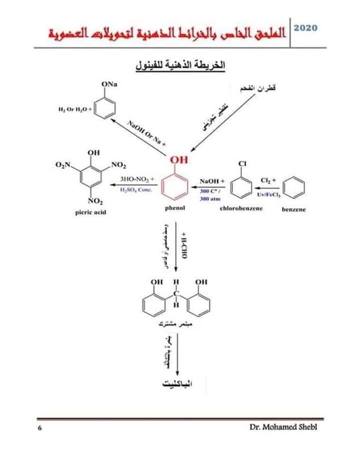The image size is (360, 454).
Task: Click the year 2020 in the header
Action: coord(306,27)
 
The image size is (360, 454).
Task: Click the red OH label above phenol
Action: coord(179,161)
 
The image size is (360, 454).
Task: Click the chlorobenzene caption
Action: coord(241,209)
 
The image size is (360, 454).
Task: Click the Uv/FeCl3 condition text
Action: coord(269,194)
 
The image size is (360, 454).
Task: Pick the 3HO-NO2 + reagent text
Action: coord(136,180)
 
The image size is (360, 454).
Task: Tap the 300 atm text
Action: coord(208,199)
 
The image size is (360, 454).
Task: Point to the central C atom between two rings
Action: coord(175,292)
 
